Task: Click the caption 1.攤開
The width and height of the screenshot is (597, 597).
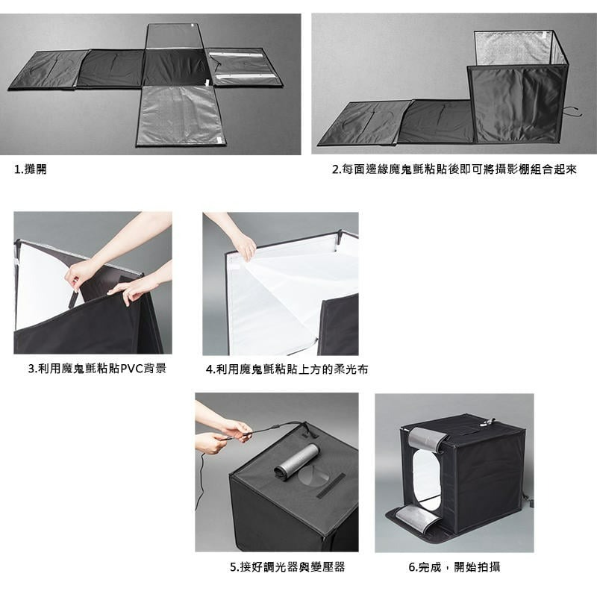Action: pyautogui.click(x=30, y=169)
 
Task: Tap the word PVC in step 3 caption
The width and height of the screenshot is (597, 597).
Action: pyautogui.click(x=131, y=369)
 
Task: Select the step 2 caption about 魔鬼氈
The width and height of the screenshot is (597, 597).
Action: pyautogui.click(x=454, y=169)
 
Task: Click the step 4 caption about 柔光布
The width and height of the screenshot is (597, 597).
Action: pyautogui.click(x=287, y=369)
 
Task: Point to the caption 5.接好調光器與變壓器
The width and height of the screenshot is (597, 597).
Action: pyautogui.click(x=287, y=567)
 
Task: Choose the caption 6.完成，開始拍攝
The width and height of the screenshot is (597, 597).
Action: pyautogui.click(x=454, y=567)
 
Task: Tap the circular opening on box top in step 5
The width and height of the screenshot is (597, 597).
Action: pyautogui.click(x=314, y=474)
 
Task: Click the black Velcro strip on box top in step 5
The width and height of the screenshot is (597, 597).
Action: pyautogui.click(x=331, y=486)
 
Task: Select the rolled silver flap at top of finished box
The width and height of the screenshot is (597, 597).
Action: pyautogui.click(x=428, y=439)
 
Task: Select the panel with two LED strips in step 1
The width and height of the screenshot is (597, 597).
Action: pyautogui.click(x=245, y=66)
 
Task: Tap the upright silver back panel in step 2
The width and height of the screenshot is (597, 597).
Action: pyautogui.click(x=513, y=49)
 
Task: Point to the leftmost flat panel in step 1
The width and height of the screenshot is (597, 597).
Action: pyautogui.click(x=49, y=70)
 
